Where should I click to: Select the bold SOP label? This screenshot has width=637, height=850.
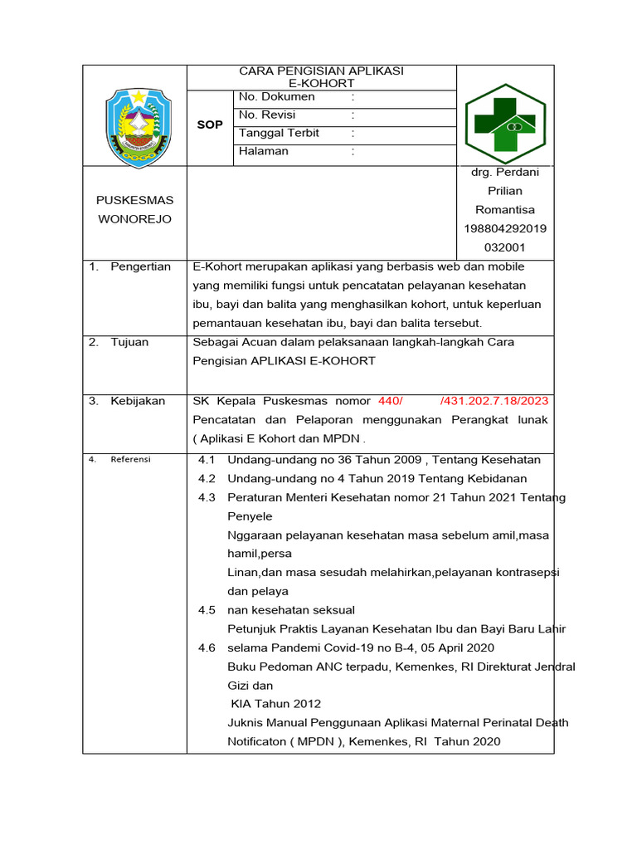[x=210, y=125]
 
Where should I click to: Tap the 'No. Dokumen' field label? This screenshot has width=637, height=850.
[x=276, y=97]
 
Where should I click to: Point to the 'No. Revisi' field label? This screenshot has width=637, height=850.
[x=267, y=115]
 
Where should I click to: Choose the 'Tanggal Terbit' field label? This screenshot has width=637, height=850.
[x=279, y=133]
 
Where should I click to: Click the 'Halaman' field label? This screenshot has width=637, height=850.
[x=264, y=151]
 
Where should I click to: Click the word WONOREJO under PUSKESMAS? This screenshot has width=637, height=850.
[x=135, y=219]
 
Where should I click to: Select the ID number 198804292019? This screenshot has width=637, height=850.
[x=504, y=228]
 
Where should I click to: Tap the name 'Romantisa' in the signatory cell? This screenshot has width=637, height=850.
[x=504, y=210]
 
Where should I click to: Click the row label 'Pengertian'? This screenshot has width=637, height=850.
[x=140, y=266]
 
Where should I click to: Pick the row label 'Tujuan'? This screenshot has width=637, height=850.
[x=129, y=342]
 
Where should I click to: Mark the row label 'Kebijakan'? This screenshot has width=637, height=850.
[x=138, y=401]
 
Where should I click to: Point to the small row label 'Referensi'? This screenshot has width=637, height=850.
[x=130, y=459]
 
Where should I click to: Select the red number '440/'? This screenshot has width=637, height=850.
[x=390, y=401]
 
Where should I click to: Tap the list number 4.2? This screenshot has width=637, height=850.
[x=207, y=478]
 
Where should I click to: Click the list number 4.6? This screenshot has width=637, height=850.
[x=207, y=647]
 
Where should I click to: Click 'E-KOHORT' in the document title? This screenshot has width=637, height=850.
[x=321, y=84]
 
